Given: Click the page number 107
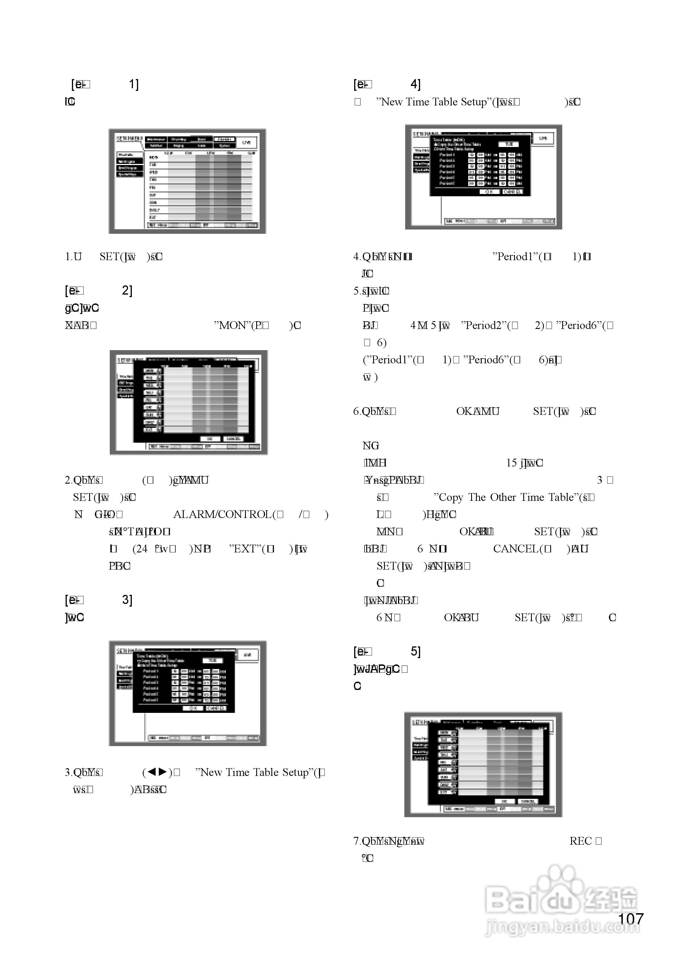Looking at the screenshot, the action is [x=631, y=919].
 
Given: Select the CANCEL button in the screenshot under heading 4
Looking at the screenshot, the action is [x=512, y=192].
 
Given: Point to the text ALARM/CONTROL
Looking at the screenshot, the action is [x=222, y=514].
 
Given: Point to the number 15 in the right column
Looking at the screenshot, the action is [x=511, y=463].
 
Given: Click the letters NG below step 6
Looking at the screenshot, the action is [x=371, y=446].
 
